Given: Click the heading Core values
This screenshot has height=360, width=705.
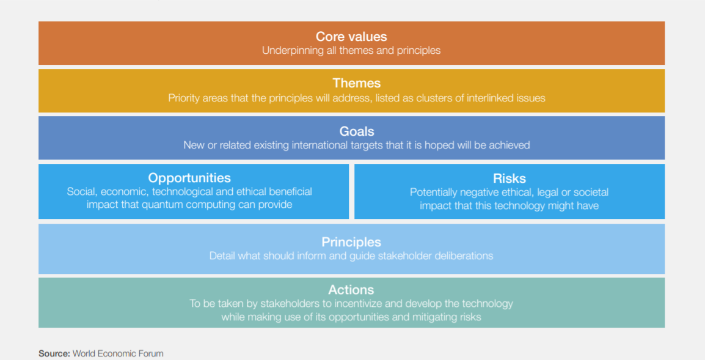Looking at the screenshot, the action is (x=351, y=37).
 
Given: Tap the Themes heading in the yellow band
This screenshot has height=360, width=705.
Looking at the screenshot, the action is (x=357, y=83).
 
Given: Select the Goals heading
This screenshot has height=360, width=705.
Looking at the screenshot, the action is (x=357, y=131).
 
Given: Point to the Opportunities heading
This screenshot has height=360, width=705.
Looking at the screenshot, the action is (x=189, y=178).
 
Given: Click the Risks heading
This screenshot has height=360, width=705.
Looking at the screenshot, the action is (x=510, y=178).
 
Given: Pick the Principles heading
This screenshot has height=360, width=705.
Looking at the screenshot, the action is (x=351, y=242).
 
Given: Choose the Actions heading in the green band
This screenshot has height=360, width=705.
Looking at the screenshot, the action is (x=351, y=290).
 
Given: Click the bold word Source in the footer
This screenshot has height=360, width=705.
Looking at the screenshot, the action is (x=54, y=354).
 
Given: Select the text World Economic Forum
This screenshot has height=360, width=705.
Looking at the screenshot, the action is (x=119, y=354).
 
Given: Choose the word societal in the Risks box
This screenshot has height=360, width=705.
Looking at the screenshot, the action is (x=591, y=193).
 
